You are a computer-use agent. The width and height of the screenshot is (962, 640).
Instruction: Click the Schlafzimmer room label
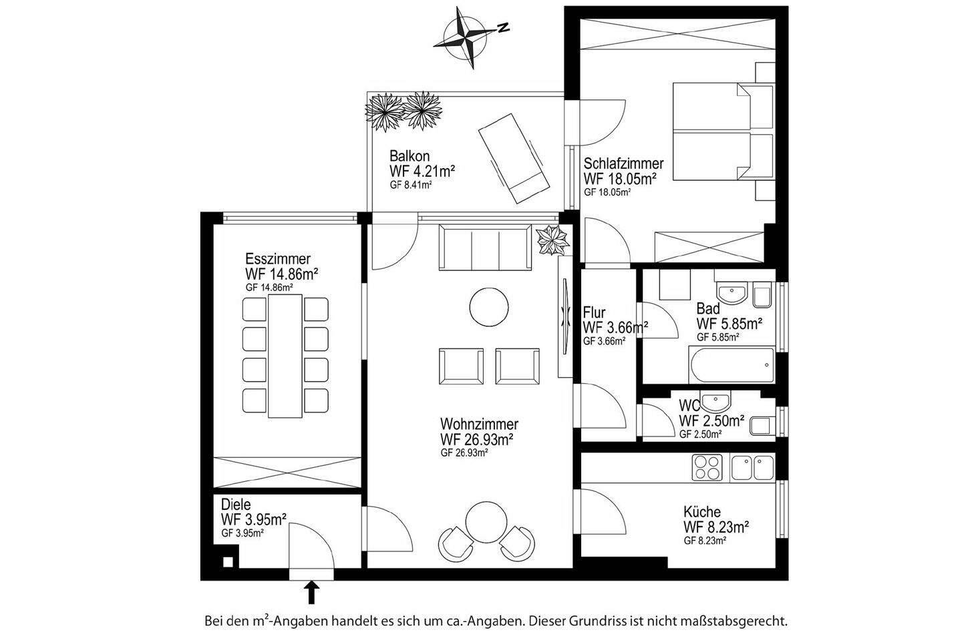click(623, 164)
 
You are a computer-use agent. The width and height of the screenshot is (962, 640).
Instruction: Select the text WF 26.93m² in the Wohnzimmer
click(476, 439)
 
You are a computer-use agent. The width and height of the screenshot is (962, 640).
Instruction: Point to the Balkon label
click(410, 156)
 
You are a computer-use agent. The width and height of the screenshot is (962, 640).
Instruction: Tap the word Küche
click(701, 512)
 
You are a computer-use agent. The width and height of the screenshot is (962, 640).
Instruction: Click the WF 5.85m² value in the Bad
click(730, 324)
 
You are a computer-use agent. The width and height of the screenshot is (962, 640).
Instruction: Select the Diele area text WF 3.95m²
click(254, 519)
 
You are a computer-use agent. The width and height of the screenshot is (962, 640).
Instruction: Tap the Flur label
click(594, 312)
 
